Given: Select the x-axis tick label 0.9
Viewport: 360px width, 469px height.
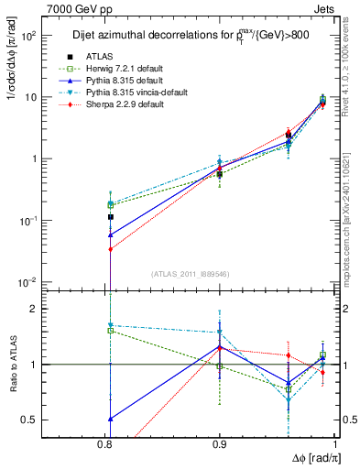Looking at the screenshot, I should (219, 442).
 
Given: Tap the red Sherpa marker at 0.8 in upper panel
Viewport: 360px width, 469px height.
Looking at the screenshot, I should (110, 249).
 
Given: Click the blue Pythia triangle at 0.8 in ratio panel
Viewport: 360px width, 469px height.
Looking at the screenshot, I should (110, 419).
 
